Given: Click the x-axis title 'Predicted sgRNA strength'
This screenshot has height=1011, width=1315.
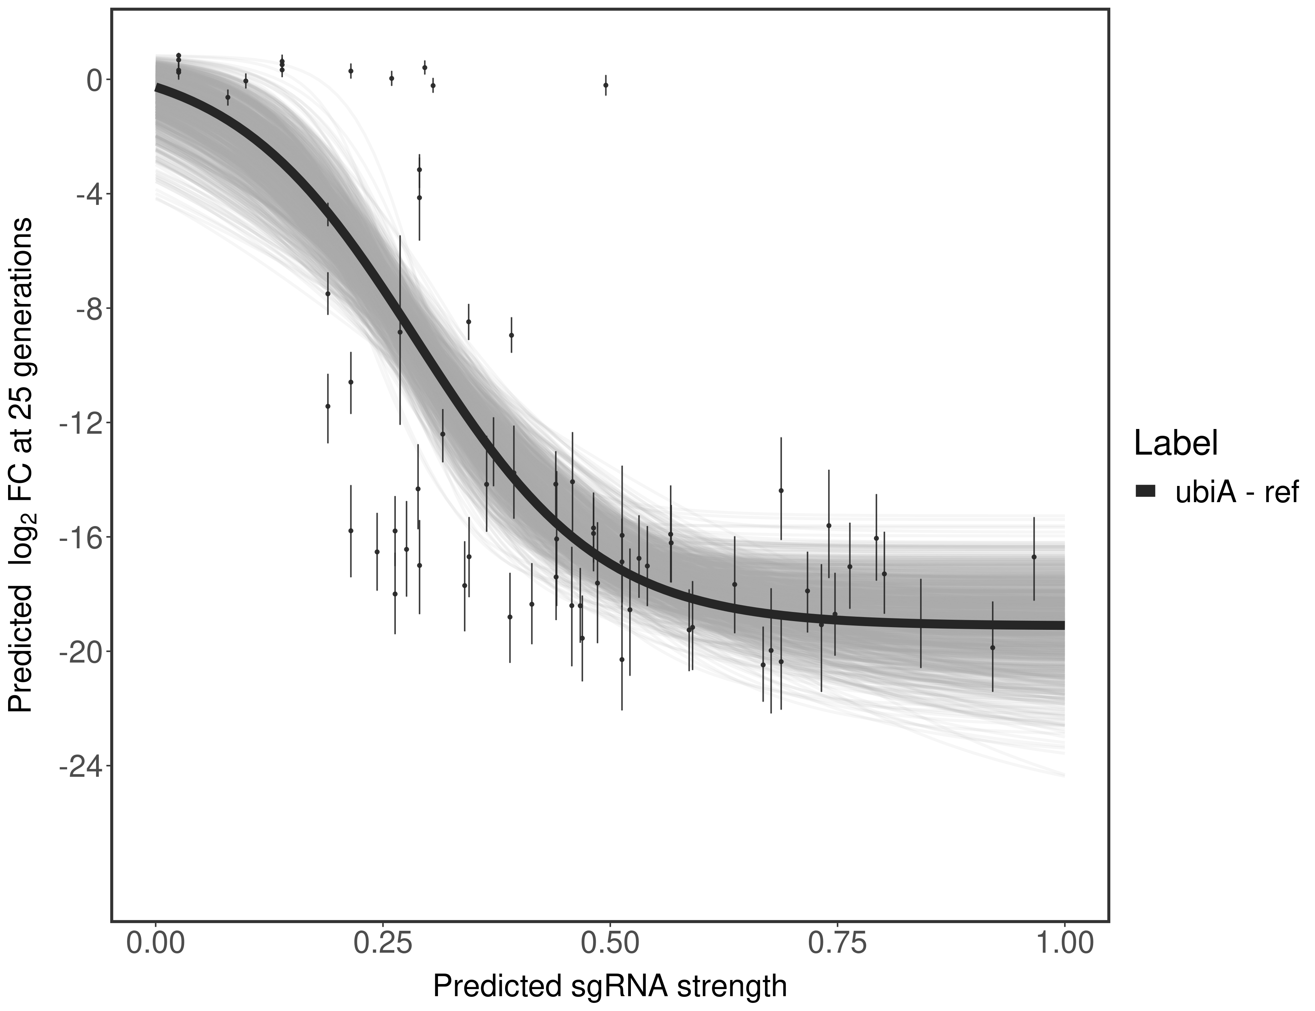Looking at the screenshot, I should [x=609, y=987].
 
